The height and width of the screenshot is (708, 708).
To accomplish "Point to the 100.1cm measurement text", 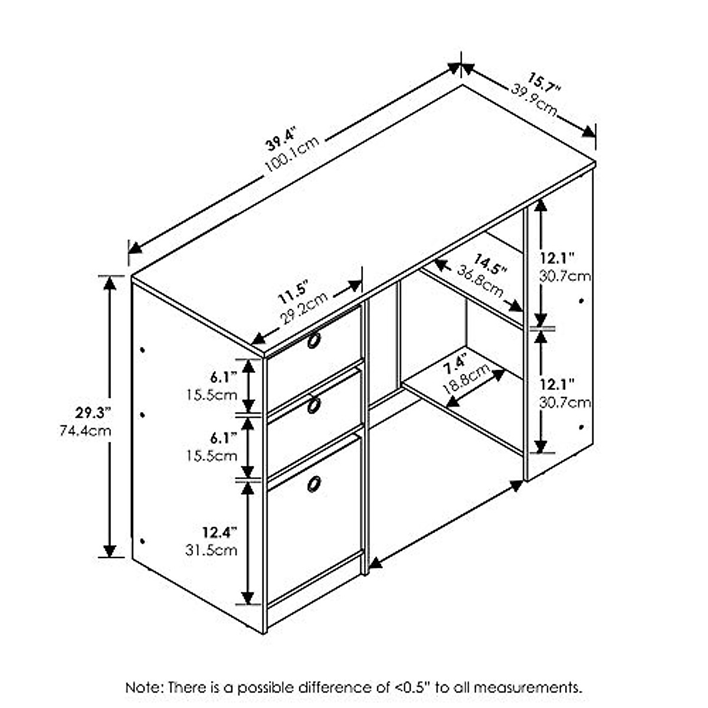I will coord(293,155).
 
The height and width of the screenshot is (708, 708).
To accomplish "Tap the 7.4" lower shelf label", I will coord(455,363).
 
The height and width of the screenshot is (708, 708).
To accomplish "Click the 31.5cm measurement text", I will coord(212,550).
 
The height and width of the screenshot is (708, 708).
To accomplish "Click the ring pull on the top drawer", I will coord(314,340).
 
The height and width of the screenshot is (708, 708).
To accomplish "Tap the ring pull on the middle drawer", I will coord(314,405).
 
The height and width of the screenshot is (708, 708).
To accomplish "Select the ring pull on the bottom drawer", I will coord(314,483).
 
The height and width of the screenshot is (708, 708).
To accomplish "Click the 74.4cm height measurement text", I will coord(86,431).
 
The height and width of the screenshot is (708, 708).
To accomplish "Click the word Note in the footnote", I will coord(145,687).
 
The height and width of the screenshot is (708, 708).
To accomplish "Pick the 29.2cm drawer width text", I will coord(303,309).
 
